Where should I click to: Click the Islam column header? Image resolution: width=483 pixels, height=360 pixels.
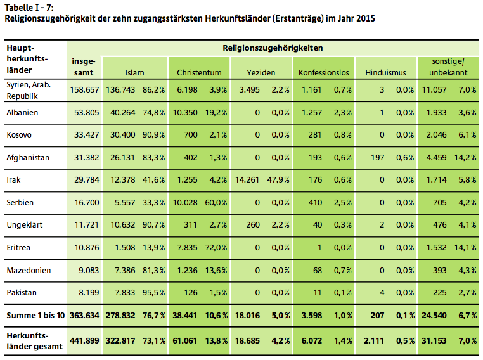(135, 73)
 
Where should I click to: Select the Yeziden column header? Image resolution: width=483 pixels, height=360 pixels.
(261, 73)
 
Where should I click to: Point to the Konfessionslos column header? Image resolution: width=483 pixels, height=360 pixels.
(323, 73)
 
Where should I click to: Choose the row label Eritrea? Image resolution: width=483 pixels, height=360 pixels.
(20, 247)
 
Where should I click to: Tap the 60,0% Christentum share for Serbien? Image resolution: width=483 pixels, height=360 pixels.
(217, 202)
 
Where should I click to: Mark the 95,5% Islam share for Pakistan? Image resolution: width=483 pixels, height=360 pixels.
(153, 292)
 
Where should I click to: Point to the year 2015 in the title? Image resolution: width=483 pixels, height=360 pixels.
(364, 18)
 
